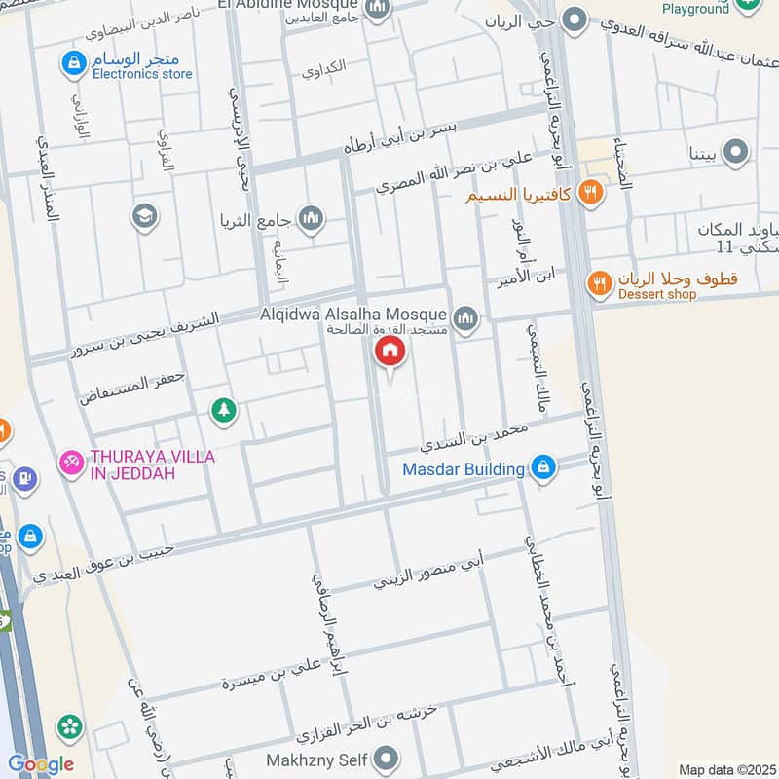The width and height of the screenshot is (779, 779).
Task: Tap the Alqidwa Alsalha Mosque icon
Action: pyautogui.click(x=466, y=317)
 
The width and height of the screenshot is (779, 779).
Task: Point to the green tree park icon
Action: pyautogui.click(x=224, y=412)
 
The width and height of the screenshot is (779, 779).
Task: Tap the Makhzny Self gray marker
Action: pyautogui.click(x=388, y=758)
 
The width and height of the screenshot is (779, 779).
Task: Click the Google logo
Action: pyautogui.click(x=39, y=764)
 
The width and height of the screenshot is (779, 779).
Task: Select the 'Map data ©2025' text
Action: pyautogui.click(x=726, y=769)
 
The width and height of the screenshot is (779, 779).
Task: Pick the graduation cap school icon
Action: pyautogui.click(x=144, y=216)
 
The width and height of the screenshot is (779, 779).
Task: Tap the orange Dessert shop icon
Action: pyautogui.click(x=599, y=283)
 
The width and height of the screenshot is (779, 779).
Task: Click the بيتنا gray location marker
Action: pyautogui.click(x=737, y=152)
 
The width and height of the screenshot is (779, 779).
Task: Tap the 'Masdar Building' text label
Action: pyautogui.click(x=464, y=469)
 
